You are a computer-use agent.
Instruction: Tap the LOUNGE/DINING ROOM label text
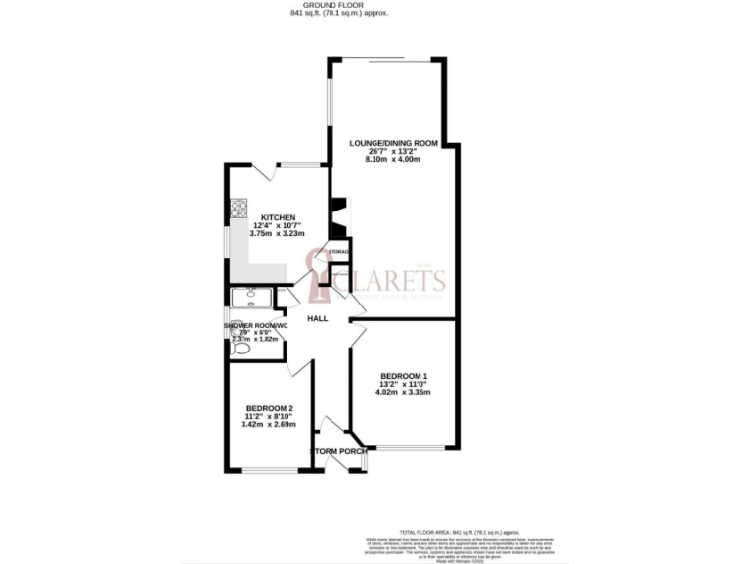(393, 143)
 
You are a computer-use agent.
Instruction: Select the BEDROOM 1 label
(404, 376)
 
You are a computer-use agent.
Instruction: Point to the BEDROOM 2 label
(270, 408)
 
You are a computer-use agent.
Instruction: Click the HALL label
(318, 319)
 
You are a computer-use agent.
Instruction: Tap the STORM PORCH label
(338, 451)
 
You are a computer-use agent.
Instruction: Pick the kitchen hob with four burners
(239, 208)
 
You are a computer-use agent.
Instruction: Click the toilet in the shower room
(242, 348)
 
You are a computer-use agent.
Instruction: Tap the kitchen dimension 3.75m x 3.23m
(277, 235)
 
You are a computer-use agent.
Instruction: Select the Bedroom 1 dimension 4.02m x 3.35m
(404, 393)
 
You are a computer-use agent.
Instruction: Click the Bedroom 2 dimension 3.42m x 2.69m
(270, 426)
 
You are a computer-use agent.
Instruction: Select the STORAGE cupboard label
(339, 252)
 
